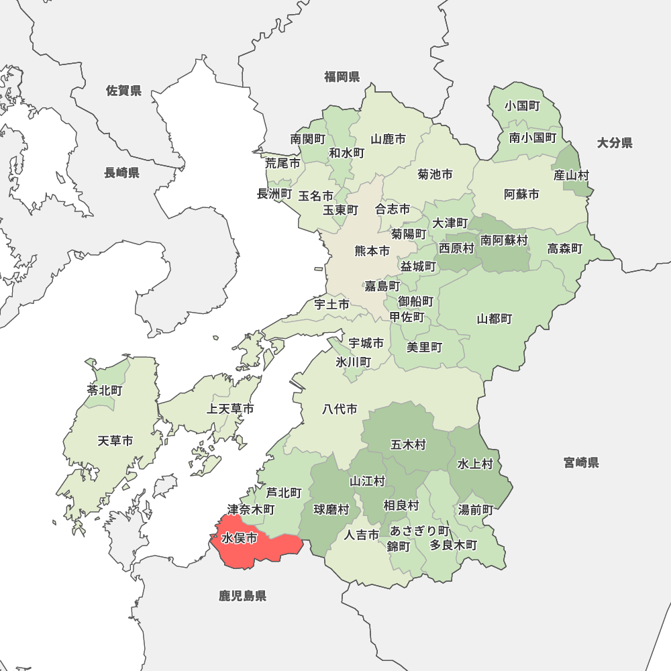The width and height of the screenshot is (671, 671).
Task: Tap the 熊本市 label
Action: coord(372,251)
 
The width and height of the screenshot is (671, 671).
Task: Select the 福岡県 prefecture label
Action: coord(342,76)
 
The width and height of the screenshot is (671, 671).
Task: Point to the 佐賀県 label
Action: coord(123,91)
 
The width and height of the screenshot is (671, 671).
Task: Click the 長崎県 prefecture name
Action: coord(121,173)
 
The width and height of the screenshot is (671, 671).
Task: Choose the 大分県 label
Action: coord(615,142)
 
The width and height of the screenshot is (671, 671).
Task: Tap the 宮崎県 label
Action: coord(581,462)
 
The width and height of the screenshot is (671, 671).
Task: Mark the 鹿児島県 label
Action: coord(242,596)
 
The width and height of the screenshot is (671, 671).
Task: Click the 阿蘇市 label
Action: coord(521,195)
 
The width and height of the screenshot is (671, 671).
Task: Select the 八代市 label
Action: coord(340,409)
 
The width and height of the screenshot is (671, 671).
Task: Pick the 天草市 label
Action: coord(115,441)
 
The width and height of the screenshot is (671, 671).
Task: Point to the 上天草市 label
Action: coord(230,409)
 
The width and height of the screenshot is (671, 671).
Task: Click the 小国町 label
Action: coord(523,106)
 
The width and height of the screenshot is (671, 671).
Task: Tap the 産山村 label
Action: coord(571,175)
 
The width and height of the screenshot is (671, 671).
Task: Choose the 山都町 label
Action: coord(495,319)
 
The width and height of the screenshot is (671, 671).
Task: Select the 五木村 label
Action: coord(408,444)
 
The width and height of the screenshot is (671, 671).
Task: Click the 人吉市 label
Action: coord(362,535)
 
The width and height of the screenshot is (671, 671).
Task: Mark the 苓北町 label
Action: coord(105,390)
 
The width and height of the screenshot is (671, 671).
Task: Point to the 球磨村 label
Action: coord(331,510)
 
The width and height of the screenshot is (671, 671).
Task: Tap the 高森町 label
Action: coord(564,249)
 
